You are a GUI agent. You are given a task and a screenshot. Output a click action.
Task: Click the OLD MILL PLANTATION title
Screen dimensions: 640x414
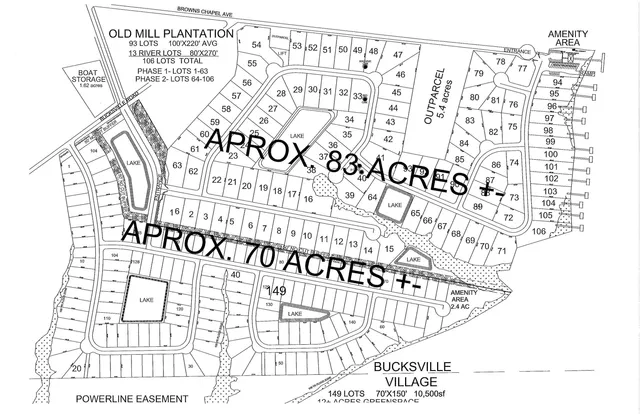click(171, 34)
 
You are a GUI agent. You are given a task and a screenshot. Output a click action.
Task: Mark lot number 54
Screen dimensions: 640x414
click(257, 45)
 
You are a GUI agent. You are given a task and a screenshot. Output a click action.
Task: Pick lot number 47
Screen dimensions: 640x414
click(397, 55)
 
